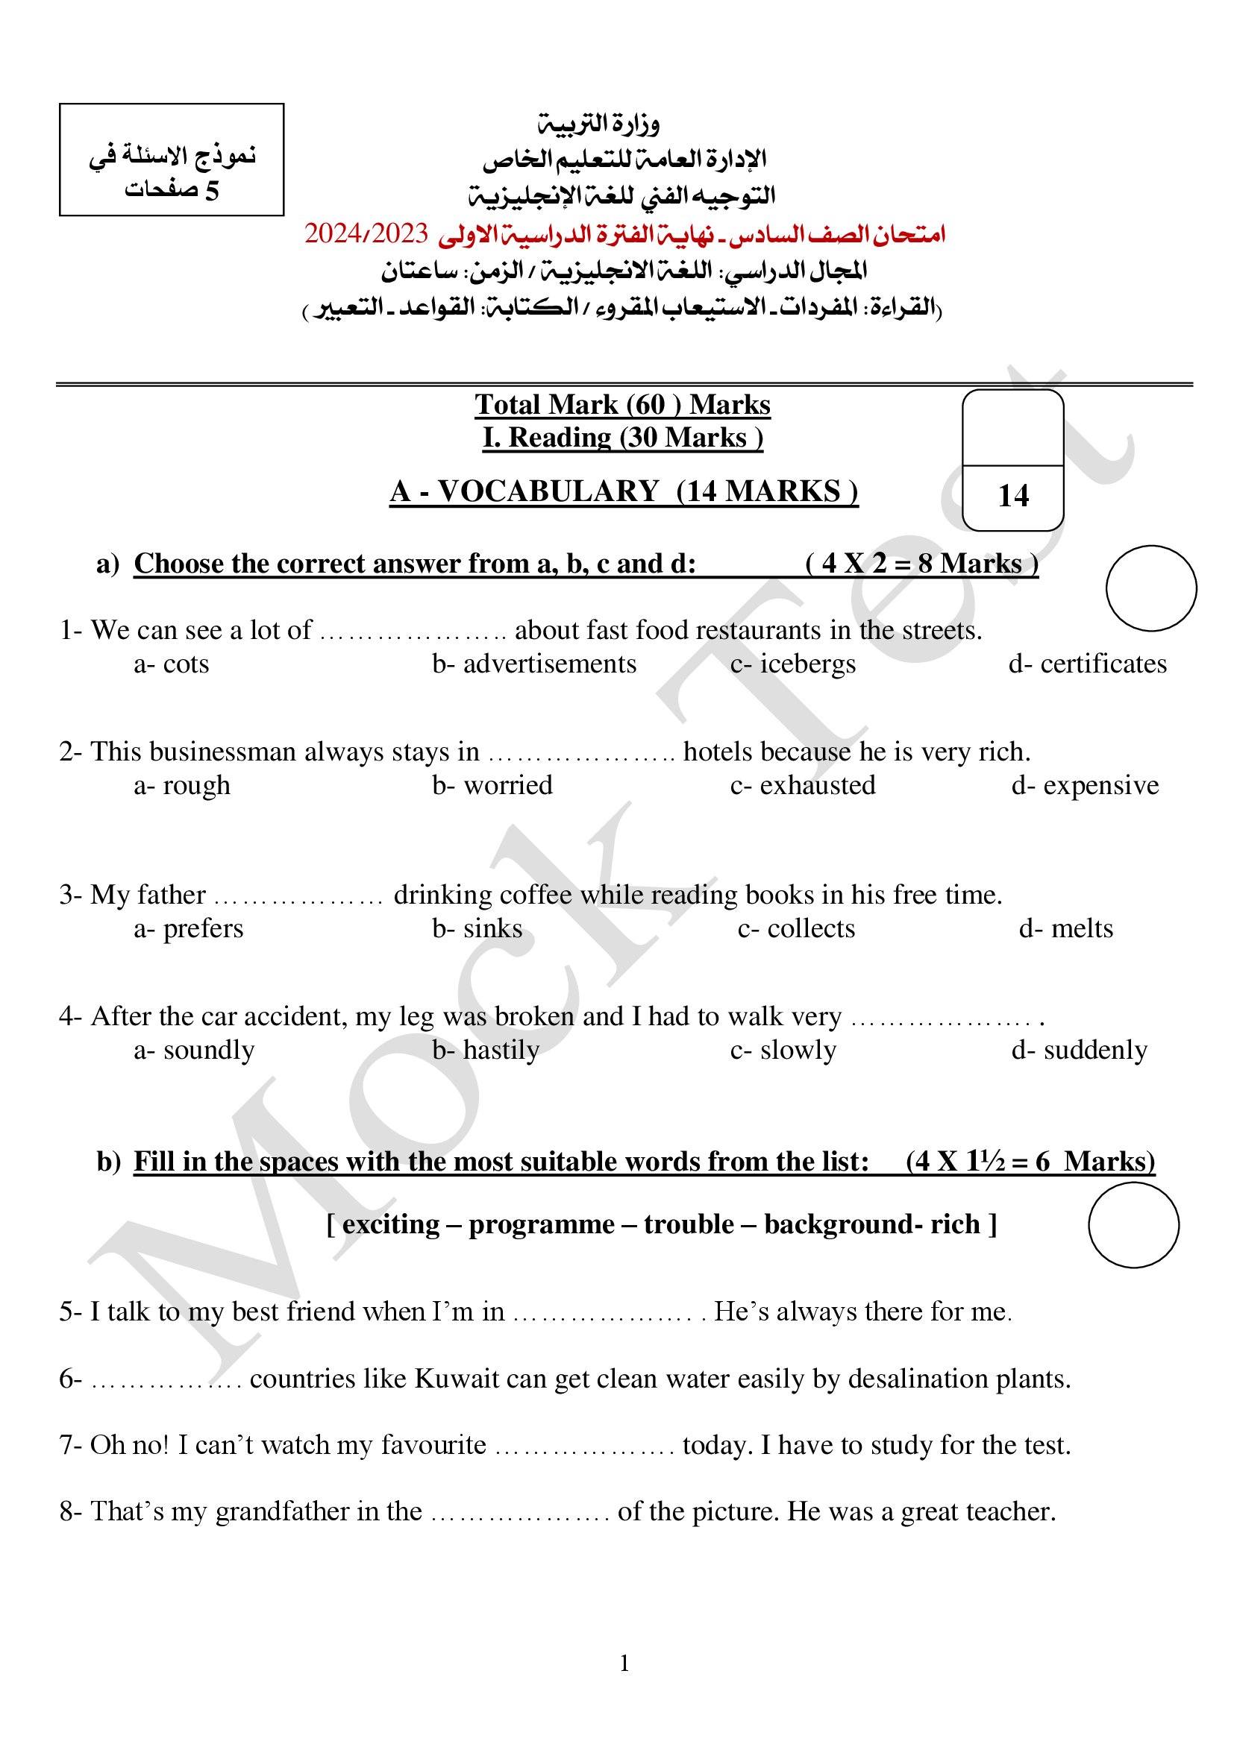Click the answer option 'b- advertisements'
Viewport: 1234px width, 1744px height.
click(534, 664)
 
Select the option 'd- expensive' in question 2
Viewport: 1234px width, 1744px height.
click(1084, 785)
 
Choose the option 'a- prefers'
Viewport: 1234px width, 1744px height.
click(189, 929)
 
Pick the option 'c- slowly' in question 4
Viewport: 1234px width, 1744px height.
click(783, 1051)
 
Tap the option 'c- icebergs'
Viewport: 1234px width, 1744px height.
click(792, 664)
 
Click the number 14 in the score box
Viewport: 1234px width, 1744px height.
click(1013, 496)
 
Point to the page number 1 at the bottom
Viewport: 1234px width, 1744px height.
click(624, 1663)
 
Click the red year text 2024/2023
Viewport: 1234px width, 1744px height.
click(366, 234)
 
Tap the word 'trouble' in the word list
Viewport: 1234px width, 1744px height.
click(689, 1224)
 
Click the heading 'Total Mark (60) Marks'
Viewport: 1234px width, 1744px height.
click(622, 405)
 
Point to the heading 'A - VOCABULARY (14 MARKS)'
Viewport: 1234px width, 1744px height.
click(623, 491)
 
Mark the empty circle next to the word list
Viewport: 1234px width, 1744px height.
click(1133, 1224)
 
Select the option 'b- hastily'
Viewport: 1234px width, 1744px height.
click(486, 1051)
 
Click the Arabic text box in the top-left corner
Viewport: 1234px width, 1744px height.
click(172, 160)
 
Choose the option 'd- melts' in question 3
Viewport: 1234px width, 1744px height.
click(1065, 929)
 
